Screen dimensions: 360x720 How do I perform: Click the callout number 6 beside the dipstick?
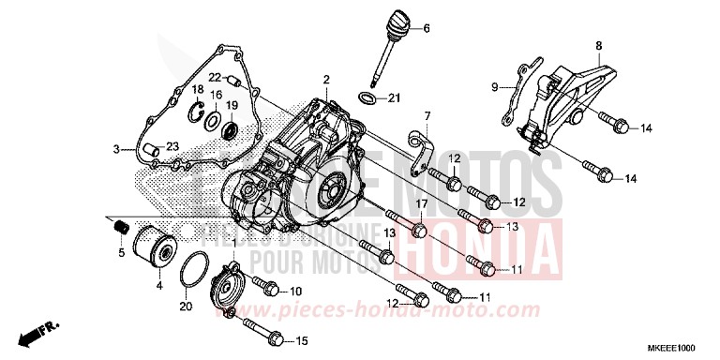426,29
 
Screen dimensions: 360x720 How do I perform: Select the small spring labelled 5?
120,227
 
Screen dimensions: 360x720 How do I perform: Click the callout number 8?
597,44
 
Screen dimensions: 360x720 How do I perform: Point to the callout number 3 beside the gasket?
116,149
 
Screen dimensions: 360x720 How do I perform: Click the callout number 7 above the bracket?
426,115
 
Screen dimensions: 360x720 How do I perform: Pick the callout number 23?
172,145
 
